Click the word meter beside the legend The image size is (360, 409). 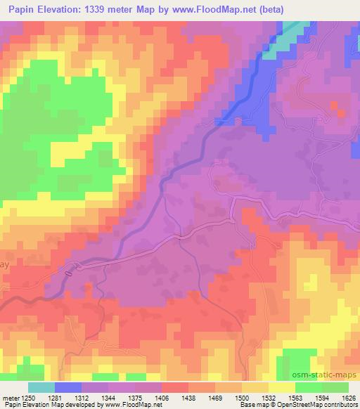point(9,398)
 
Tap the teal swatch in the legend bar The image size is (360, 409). point(41,387)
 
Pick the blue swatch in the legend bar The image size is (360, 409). point(68,387)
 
